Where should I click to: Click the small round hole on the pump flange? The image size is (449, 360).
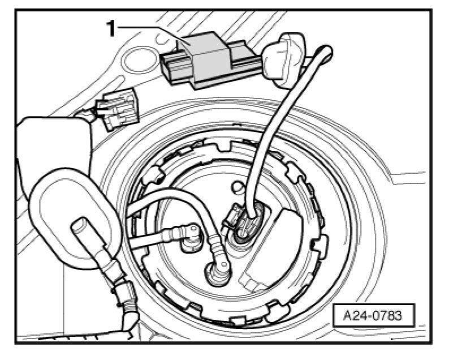[x=238, y=185]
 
